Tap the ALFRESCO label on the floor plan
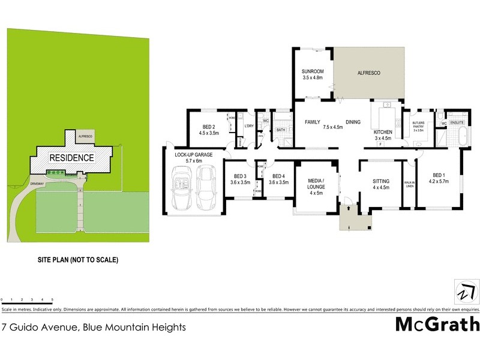pyautogui.click(x=369, y=73)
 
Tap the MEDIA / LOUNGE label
pyautogui.click(x=316, y=184)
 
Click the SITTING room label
pyautogui.click(x=381, y=181)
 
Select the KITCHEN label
pyautogui.click(x=383, y=132)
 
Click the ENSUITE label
pyautogui.click(x=457, y=122)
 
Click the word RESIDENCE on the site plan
pyautogui.click(x=71, y=158)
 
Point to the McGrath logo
pyautogui.click(x=437, y=325)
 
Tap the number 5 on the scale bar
pyautogui.click(x=52, y=299)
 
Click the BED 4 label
pyautogui.click(x=278, y=179)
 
